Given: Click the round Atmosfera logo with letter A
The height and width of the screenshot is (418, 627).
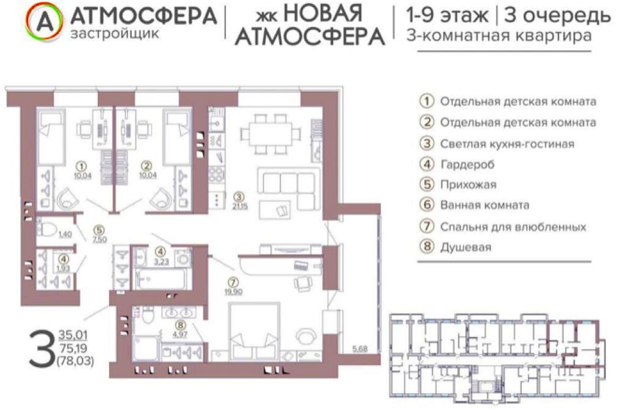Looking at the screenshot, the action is coord(44,21).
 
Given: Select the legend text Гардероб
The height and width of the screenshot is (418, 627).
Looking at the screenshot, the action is coord(467,164).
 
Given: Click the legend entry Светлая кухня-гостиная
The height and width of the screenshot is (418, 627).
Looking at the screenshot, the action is coord(507,144).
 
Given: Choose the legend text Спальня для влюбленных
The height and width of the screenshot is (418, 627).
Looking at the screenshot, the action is coord(513,227).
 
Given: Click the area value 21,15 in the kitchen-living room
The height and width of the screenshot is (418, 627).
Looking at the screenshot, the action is coord(240,206).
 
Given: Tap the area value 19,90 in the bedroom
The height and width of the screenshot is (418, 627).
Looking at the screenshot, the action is coord(233,291).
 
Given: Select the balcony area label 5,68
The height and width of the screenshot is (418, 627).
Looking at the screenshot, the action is coord(359,349).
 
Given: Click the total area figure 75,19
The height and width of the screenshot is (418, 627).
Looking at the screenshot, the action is coord(74,348).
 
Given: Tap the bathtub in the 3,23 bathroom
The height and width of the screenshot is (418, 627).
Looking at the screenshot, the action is coord(160,278).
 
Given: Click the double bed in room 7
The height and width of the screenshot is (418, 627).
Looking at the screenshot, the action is coord(254,332).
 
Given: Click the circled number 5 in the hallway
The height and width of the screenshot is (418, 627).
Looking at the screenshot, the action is coord(99,230).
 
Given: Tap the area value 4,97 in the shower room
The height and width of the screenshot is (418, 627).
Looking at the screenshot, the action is coord(180,334).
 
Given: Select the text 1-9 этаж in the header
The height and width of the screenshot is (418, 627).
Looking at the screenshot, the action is coord(447,15).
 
